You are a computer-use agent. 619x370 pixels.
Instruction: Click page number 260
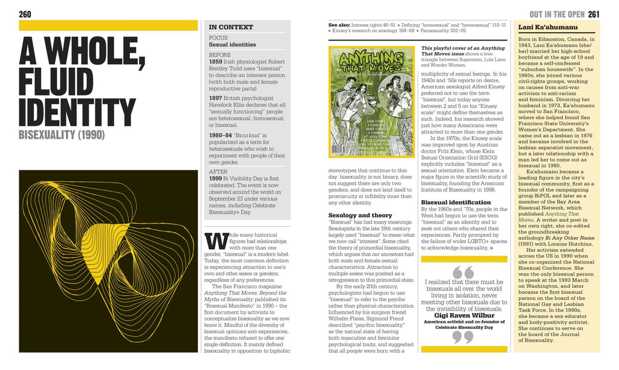tap(25, 14)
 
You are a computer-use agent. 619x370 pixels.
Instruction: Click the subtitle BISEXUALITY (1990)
tap(62, 134)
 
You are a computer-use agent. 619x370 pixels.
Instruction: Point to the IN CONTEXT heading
tap(230, 27)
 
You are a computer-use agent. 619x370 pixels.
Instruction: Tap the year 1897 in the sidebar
tap(216, 98)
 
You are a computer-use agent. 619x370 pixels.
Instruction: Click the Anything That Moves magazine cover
tap(371, 103)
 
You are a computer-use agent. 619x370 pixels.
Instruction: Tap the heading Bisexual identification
tap(456, 202)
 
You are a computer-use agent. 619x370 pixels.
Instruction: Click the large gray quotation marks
tap(463, 271)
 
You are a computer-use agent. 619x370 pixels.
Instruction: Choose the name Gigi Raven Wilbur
tap(463, 315)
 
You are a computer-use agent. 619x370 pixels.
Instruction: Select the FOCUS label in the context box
tap(218, 37)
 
